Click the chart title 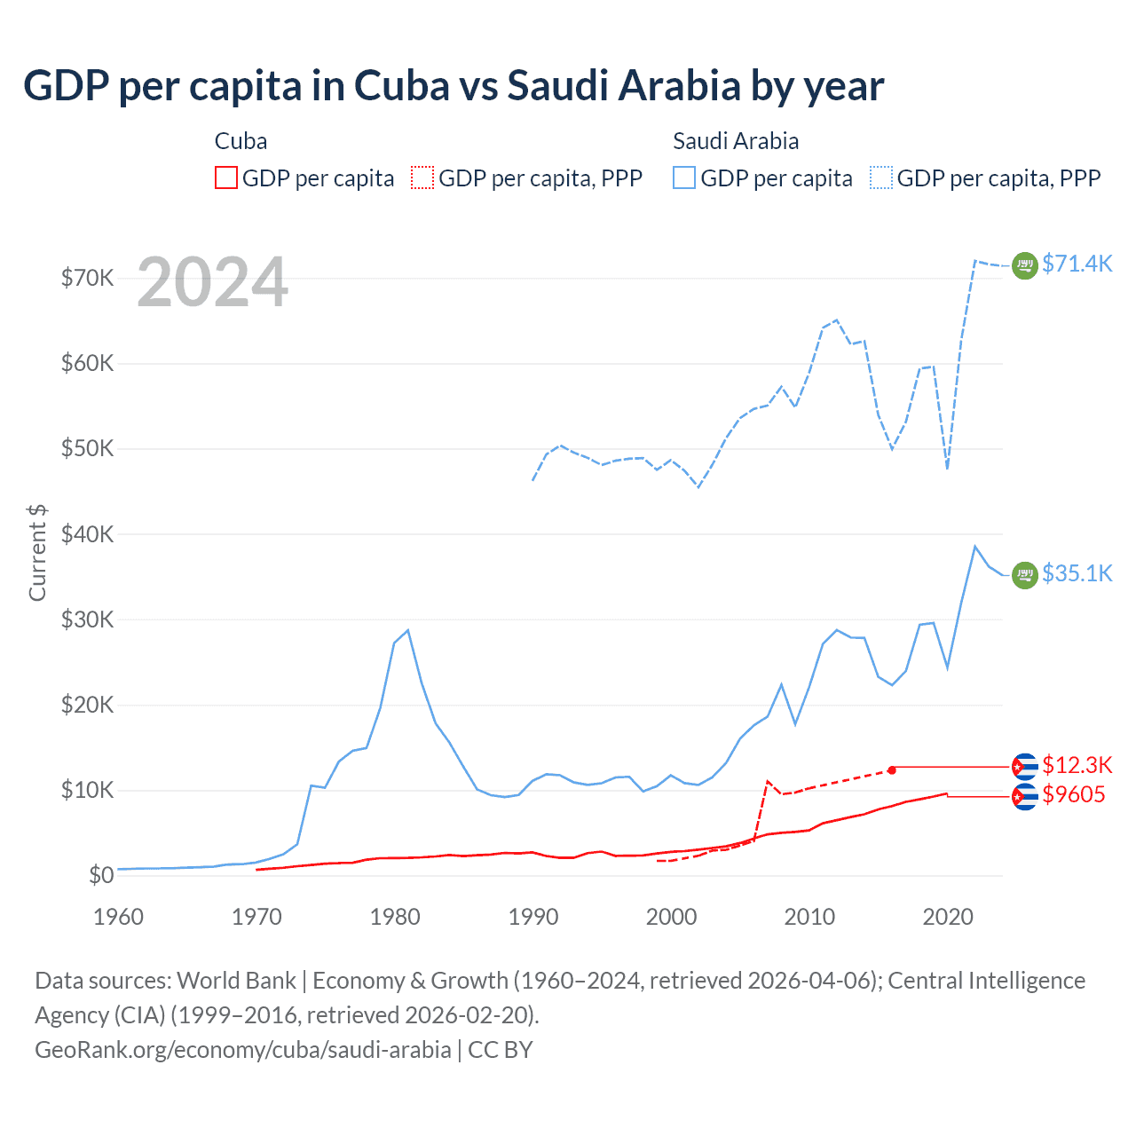[454, 86]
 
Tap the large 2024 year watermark [213, 282]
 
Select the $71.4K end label [1077, 264]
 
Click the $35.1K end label [1077, 573]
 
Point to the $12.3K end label [1077, 765]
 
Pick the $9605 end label [1073, 794]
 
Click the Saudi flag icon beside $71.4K [1025, 265]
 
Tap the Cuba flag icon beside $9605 [1025, 796]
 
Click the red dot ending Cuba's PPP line [892, 769]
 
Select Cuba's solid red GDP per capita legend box [226, 178]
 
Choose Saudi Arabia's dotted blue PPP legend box [881, 178]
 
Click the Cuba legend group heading [241, 141]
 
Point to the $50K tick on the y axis [88, 449]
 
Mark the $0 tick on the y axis [101, 876]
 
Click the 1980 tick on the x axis [395, 917]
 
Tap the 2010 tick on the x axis [809, 917]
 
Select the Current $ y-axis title [37, 552]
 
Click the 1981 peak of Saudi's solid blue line [407, 630]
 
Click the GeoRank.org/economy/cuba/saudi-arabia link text [242, 1050]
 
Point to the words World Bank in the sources [236, 981]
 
